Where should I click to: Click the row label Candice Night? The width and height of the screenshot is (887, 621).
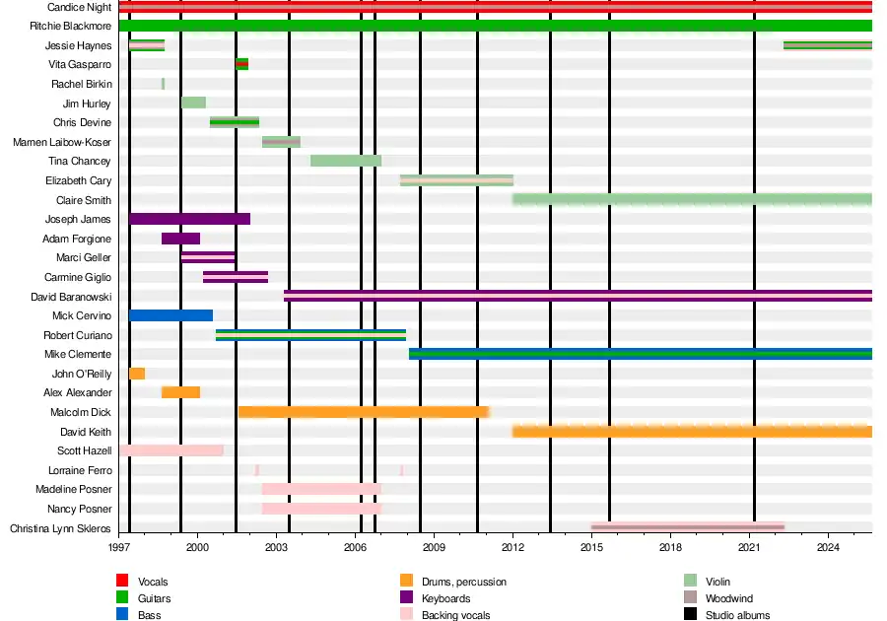point(80,7)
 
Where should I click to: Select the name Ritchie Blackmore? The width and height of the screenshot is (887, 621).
point(75,26)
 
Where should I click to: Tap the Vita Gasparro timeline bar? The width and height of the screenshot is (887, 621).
point(241,64)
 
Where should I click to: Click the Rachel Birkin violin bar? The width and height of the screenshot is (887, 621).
point(163,84)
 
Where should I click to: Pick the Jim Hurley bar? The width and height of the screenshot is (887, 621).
point(193,103)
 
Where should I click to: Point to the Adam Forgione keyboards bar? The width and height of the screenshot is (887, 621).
point(180,239)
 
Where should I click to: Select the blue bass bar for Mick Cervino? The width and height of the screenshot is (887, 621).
point(171,315)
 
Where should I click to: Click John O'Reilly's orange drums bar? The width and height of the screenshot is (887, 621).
point(137,374)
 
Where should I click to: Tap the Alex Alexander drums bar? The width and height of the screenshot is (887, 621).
point(181,392)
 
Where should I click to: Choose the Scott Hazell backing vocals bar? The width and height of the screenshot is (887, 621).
point(171,450)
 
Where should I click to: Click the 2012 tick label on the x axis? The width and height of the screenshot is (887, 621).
point(512,546)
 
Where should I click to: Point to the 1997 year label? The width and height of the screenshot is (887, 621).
point(119,546)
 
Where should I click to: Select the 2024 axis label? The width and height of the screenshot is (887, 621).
point(828,546)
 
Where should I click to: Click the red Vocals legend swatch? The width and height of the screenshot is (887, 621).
point(122,582)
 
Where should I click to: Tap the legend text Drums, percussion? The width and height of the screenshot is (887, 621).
point(463,582)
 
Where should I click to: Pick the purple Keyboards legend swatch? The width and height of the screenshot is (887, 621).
point(405,598)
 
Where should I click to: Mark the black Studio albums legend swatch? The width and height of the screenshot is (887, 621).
point(690,615)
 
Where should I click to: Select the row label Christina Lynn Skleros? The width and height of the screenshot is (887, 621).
point(60,528)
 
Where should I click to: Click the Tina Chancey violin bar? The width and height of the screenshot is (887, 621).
point(345,161)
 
